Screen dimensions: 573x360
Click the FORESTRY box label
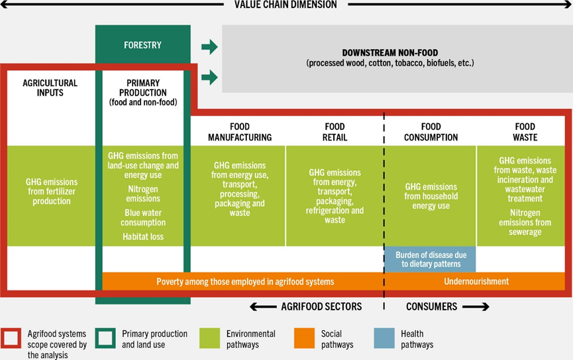click(x=142, y=45)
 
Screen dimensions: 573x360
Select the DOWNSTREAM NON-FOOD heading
click(x=390, y=52)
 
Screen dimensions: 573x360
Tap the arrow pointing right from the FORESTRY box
click(x=209, y=47)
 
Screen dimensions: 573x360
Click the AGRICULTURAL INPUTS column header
click(x=50, y=88)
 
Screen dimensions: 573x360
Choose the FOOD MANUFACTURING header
click(x=240, y=132)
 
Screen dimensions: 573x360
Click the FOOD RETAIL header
click(x=335, y=132)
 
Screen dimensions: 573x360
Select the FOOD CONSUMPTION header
click(x=431, y=132)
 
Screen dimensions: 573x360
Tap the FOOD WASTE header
click(x=525, y=132)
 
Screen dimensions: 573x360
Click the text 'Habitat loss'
click(x=143, y=237)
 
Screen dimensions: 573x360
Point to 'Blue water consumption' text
click(x=143, y=217)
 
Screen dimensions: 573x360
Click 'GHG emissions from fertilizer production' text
click(x=52, y=192)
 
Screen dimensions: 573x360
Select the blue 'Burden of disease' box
click(x=431, y=259)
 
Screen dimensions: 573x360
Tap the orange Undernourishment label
click(x=476, y=281)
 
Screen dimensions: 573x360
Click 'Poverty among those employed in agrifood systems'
click(x=245, y=282)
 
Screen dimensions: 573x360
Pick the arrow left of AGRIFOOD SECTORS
click(x=263, y=306)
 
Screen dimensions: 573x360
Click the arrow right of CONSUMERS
click(x=476, y=306)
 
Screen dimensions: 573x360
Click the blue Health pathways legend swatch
click(x=384, y=338)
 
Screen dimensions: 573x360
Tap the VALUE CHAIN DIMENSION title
click(x=286, y=5)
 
